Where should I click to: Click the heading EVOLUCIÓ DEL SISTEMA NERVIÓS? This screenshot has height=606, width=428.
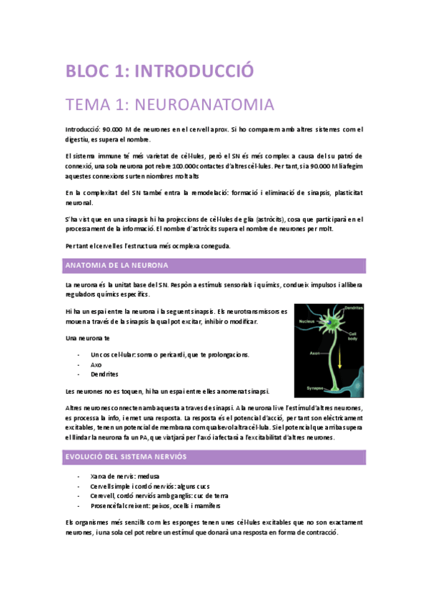137,456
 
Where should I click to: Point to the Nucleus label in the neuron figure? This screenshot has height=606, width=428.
307,322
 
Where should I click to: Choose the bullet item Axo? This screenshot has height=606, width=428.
96,364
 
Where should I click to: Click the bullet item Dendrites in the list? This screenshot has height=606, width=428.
104,374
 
